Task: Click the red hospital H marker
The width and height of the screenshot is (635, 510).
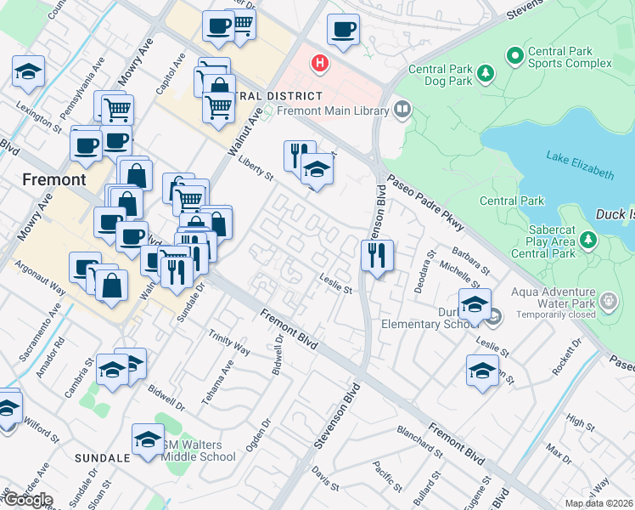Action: coord(319,62)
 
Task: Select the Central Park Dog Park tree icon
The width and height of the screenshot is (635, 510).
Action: coord(486,75)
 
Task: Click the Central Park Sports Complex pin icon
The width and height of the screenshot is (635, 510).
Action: coord(514,56)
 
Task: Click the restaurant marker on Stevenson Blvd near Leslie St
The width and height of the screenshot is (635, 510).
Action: coord(376,254)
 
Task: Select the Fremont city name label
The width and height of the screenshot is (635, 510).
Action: coord(54,179)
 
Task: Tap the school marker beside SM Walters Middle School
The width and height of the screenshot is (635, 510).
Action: coord(148,440)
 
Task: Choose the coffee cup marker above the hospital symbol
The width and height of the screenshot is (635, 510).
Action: coord(344,31)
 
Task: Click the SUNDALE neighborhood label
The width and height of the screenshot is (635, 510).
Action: coord(103,457)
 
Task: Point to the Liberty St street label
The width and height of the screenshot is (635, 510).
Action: coord(255,169)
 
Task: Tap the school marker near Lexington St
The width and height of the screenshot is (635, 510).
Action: coord(29,71)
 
